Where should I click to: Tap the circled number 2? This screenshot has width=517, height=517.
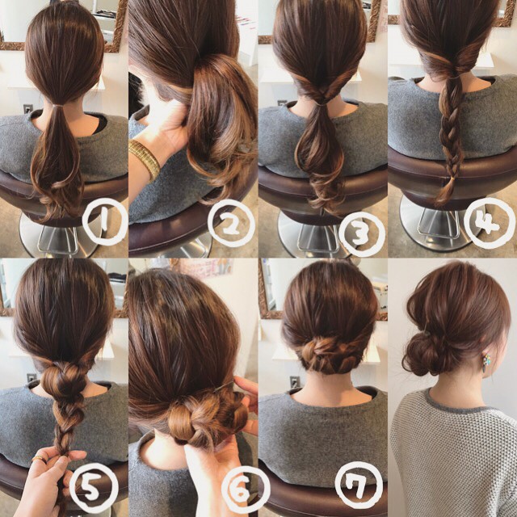232,224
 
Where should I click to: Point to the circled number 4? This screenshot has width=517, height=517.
490,223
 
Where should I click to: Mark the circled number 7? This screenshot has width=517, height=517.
359,484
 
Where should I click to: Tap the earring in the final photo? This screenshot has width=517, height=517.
486,363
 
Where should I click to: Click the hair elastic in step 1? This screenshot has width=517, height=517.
58,106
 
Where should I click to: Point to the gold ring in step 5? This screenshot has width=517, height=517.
38,459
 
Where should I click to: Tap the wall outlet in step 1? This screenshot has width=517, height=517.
28,109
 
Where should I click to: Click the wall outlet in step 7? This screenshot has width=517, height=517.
295,382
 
